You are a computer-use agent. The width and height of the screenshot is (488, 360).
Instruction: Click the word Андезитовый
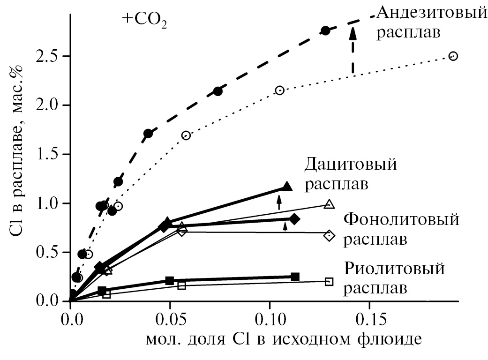click(432, 13)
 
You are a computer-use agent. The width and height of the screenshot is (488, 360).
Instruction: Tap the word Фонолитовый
click(401, 219)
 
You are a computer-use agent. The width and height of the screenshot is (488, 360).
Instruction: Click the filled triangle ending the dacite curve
click(287, 187)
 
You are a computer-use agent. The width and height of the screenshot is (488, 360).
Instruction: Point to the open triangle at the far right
click(329, 204)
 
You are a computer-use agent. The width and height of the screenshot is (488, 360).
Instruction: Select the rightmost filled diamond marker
click(294, 219)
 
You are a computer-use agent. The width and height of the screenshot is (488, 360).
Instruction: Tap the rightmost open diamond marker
click(329, 235)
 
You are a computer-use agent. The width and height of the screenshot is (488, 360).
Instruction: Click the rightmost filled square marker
click(295, 277)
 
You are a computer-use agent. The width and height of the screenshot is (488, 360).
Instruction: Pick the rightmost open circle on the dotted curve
click(453, 56)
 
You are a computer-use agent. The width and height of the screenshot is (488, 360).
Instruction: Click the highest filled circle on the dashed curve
click(325, 30)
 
